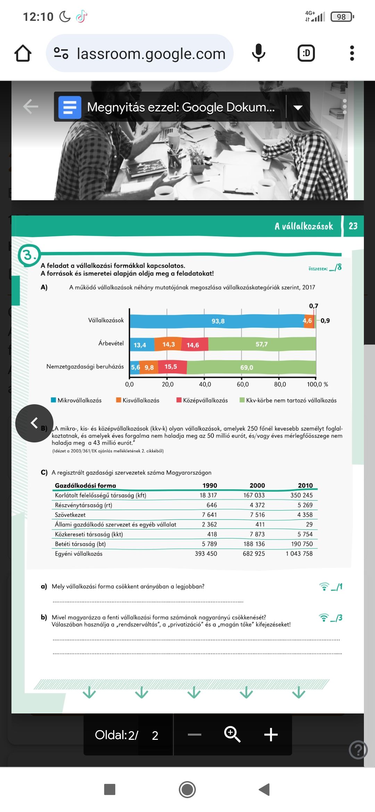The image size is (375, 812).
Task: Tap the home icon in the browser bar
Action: (x=23, y=53)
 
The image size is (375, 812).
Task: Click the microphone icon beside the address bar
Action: (x=258, y=53)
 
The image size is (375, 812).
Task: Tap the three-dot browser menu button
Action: (x=352, y=53)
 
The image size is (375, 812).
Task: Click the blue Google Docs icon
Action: (x=70, y=107)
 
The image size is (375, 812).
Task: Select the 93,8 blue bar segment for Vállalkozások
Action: (x=218, y=321)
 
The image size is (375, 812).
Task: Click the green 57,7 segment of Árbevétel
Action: (x=262, y=344)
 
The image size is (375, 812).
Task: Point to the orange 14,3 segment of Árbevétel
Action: (x=168, y=344)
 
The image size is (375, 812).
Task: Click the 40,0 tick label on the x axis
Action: (x=205, y=384)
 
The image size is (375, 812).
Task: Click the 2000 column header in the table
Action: (x=257, y=485)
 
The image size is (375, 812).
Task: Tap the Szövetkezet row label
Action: (x=70, y=515)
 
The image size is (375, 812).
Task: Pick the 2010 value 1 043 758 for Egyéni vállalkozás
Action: (x=299, y=554)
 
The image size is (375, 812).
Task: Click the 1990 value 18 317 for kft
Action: (x=208, y=495)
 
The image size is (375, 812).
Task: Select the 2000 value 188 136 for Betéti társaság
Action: (x=254, y=544)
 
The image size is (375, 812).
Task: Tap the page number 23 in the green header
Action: (x=353, y=226)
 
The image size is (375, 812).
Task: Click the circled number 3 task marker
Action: (x=28, y=255)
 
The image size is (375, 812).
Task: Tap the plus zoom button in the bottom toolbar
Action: (x=271, y=735)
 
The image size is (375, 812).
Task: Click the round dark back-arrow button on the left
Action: (x=34, y=423)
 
